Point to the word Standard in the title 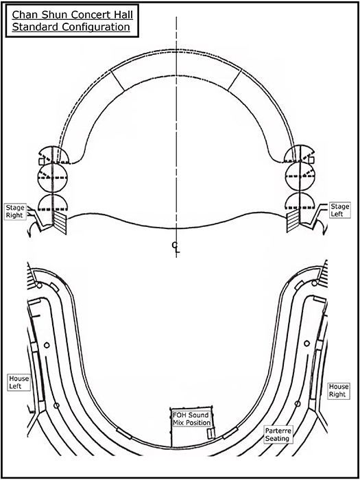36,27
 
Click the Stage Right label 14,211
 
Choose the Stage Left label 339,210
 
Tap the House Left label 19,383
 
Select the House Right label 339,391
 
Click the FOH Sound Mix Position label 191,419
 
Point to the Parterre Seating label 278,434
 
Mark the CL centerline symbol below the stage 176,248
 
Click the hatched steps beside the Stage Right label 60,223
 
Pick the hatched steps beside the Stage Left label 293,222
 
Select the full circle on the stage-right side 52,178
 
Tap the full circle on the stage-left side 300,177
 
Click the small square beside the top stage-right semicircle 42,162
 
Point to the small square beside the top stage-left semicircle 311,160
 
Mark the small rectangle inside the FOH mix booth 210,433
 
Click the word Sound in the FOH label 198,415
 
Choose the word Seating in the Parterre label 277,438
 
